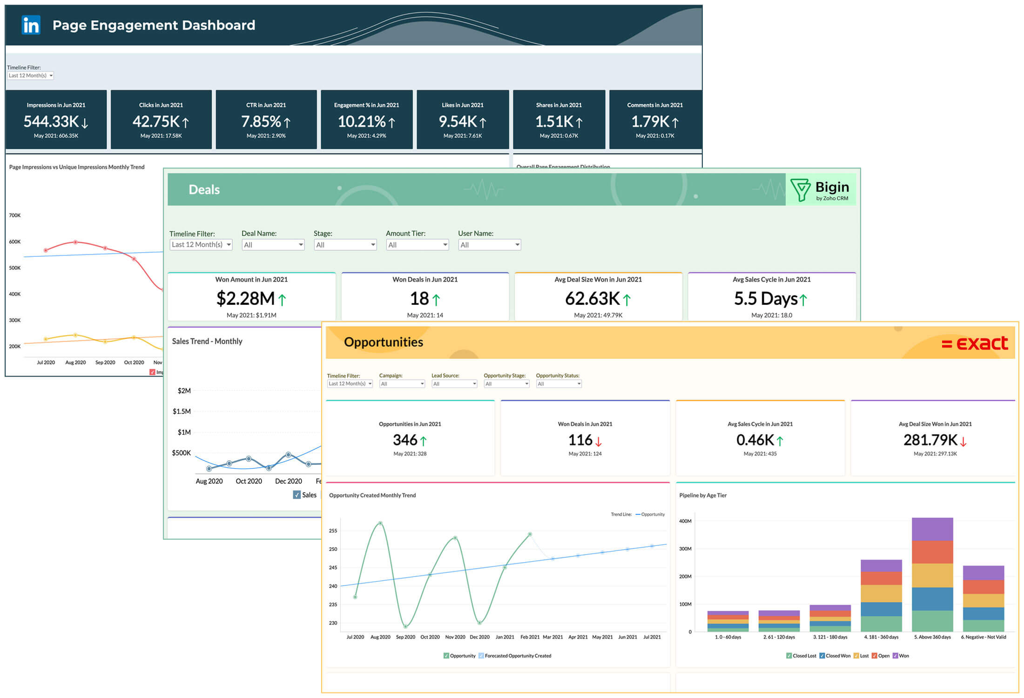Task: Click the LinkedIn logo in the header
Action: tap(31, 25)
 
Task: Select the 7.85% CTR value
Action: tap(261, 122)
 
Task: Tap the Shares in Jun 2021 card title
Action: tap(559, 105)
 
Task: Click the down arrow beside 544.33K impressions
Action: tap(85, 123)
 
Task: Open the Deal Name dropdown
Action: tap(273, 245)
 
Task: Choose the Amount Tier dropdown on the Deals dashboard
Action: tap(417, 245)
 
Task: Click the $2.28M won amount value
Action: tap(245, 299)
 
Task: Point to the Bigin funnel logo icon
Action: tap(800, 190)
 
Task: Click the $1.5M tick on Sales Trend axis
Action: tap(182, 411)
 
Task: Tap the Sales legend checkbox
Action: tap(297, 495)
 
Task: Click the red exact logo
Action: tap(975, 343)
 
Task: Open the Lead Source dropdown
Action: tap(454, 384)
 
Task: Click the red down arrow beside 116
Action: tap(599, 441)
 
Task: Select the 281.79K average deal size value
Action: tap(930, 440)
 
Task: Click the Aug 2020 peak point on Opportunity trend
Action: tap(380, 523)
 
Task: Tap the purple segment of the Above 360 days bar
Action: tap(932, 529)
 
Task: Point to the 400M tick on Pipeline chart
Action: tap(685, 521)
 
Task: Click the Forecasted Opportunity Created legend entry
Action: tap(517, 656)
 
